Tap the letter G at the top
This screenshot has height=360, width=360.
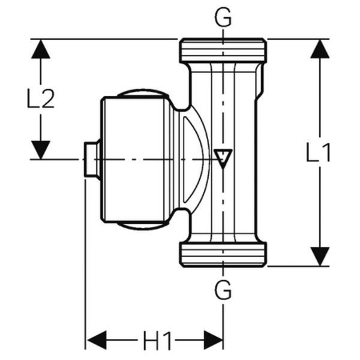[x=223, y=19]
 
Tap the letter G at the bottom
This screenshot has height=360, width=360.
[x=223, y=292]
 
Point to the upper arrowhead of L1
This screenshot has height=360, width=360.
[x=320, y=49]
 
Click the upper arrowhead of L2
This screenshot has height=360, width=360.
[x=41, y=49]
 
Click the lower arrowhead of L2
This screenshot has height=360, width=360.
[x=41, y=149]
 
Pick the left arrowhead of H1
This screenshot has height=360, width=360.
[x=96, y=340]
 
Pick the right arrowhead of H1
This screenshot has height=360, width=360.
[x=213, y=340]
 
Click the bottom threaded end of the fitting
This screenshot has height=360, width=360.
[x=223, y=254]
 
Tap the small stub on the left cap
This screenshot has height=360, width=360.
[x=91, y=160]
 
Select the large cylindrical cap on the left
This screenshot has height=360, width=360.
[x=135, y=160]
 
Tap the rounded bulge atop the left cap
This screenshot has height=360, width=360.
[x=143, y=93]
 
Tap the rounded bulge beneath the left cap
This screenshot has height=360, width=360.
[x=143, y=226]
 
